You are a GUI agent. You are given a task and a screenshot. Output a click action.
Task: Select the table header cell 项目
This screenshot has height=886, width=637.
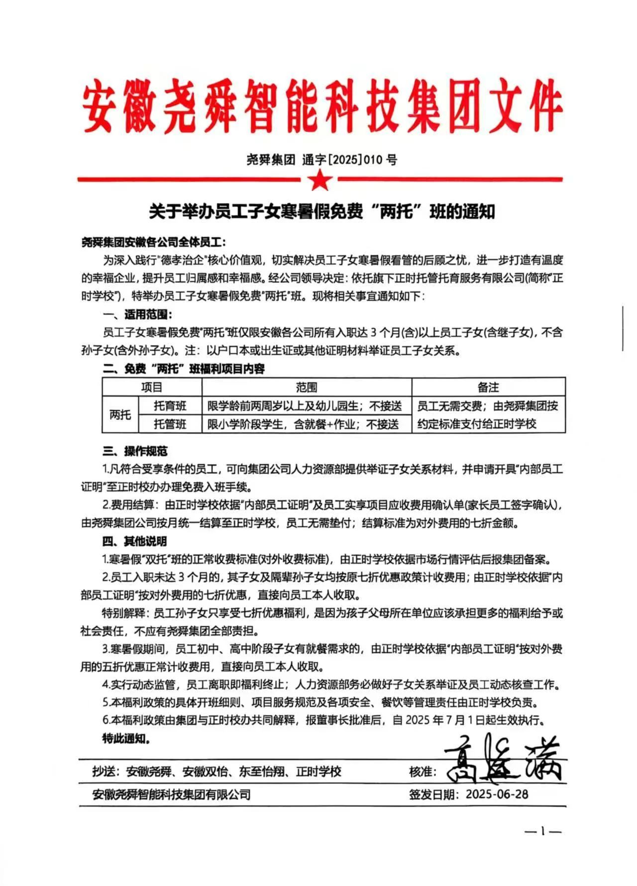(x=152, y=387)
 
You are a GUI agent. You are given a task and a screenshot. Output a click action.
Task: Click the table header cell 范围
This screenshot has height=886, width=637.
(x=307, y=387)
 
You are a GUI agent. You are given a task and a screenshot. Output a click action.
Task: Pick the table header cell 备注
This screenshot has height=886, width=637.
(x=488, y=387)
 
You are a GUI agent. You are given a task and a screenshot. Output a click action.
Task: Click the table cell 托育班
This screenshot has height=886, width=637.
(x=170, y=406)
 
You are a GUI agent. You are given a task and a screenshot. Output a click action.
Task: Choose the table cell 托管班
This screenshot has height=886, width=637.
(x=170, y=424)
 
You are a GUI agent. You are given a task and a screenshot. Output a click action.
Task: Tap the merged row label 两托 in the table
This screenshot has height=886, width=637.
(x=120, y=415)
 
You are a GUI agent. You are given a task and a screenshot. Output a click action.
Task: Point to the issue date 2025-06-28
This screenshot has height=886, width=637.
(x=497, y=794)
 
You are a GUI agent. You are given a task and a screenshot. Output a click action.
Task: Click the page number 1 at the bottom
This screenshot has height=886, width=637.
(x=543, y=831)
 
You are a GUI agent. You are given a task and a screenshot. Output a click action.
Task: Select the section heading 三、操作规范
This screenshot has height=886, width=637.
(x=135, y=451)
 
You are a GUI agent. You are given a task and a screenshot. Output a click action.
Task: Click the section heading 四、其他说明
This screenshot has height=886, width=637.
(x=135, y=541)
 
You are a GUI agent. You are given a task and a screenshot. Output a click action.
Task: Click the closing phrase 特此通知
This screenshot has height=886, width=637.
(x=126, y=739)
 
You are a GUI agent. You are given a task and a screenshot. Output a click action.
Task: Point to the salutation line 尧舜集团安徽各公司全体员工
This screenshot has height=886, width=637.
(x=153, y=242)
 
